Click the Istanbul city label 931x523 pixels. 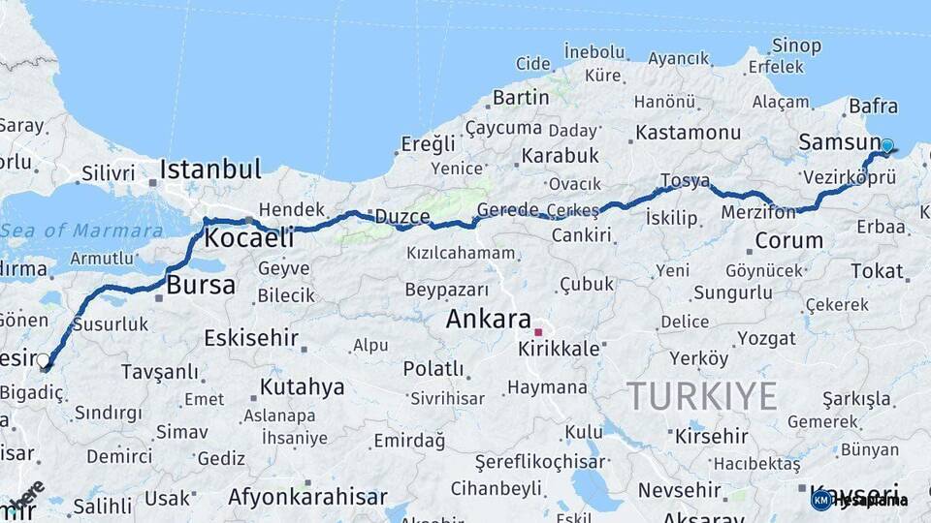210,169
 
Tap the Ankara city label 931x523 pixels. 488,320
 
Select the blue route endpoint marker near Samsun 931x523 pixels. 886,145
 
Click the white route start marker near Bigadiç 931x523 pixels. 43,361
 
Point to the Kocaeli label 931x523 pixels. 249,238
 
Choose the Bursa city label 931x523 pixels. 201,285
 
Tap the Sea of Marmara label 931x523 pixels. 81,231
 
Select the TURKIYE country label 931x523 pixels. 701,395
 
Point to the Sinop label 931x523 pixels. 796,46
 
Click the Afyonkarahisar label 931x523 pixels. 307,497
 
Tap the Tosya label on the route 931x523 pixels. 685,180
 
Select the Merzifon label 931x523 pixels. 759,212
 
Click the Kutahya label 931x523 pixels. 302,387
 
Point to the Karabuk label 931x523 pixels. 560,155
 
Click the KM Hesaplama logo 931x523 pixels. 859,500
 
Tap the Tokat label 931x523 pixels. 877,271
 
